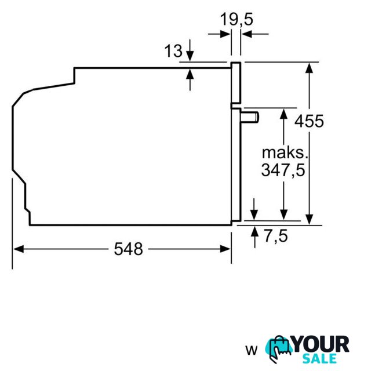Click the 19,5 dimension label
click(x=236, y=19)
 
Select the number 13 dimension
click(x=173, y=50)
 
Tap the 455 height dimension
click(x=309, y=121)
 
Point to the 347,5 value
click(x=283, y=170)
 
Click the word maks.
click(x=285, y=153)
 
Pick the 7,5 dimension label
click(x=276, y=235)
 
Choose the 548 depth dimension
click(x=129, y=249)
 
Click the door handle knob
click(x=250, y=118)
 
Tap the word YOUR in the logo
click(x=321, y=344)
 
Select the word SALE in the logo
click(x=319, y=358)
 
